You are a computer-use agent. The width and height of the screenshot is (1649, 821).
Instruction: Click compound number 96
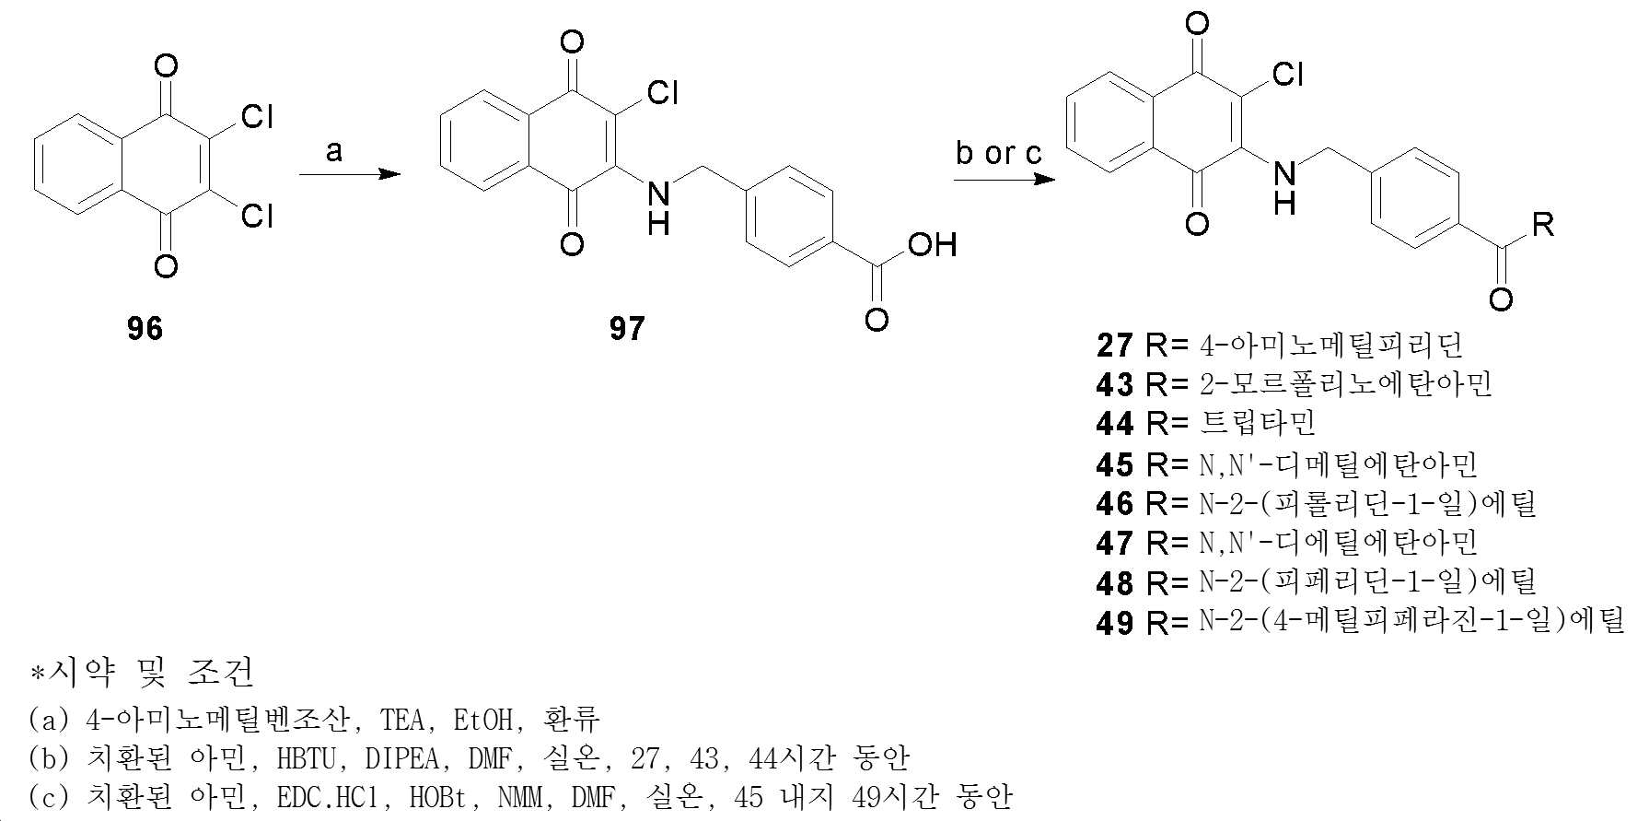[145, 328]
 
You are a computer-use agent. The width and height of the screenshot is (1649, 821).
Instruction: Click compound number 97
[626, 328]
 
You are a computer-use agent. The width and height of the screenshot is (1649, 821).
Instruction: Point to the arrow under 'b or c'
[1004, 179]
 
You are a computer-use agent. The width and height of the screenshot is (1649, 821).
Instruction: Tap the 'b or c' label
[999, 152]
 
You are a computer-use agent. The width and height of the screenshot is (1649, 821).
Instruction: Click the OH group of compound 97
[932, 245]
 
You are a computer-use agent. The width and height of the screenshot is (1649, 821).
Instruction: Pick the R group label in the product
[1543, 224]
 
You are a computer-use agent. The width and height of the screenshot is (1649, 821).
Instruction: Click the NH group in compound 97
[658, 207]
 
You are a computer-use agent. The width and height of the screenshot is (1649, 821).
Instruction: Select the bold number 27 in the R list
[1114, 346]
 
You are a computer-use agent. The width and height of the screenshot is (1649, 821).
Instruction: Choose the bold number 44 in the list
[1114, 423]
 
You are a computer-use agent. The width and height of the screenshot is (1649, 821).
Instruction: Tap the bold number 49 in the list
[1114, 623]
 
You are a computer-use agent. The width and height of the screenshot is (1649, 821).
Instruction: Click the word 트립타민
[1259, 423]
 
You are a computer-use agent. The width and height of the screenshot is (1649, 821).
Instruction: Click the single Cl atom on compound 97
[663, 92]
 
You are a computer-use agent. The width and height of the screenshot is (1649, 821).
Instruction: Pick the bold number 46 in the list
[1114, 504]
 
